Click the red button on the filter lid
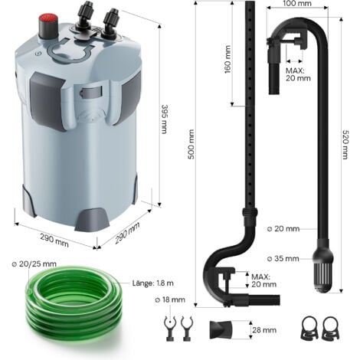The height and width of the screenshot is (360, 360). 48,26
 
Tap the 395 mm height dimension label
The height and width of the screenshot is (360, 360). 164,119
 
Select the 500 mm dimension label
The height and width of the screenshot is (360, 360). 191,144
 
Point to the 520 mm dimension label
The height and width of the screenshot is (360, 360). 345,145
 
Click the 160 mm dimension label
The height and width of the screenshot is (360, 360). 227,59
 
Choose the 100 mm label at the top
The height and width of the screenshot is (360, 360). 297,3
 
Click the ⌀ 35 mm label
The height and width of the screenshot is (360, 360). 283,258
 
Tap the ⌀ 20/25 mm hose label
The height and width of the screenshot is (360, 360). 34,263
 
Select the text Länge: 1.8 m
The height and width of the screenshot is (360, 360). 153,283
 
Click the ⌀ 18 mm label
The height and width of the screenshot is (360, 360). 170,299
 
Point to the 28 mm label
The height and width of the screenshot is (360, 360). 264,330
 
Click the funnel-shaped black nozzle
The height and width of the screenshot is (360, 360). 221,329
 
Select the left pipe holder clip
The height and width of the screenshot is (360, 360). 170,329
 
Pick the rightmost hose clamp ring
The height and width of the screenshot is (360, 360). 330,328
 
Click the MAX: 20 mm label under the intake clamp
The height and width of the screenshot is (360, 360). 298,74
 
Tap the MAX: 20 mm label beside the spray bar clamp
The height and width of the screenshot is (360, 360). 263,280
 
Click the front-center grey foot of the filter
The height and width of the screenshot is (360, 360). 92,220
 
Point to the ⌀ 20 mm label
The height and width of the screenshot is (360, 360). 283,228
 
